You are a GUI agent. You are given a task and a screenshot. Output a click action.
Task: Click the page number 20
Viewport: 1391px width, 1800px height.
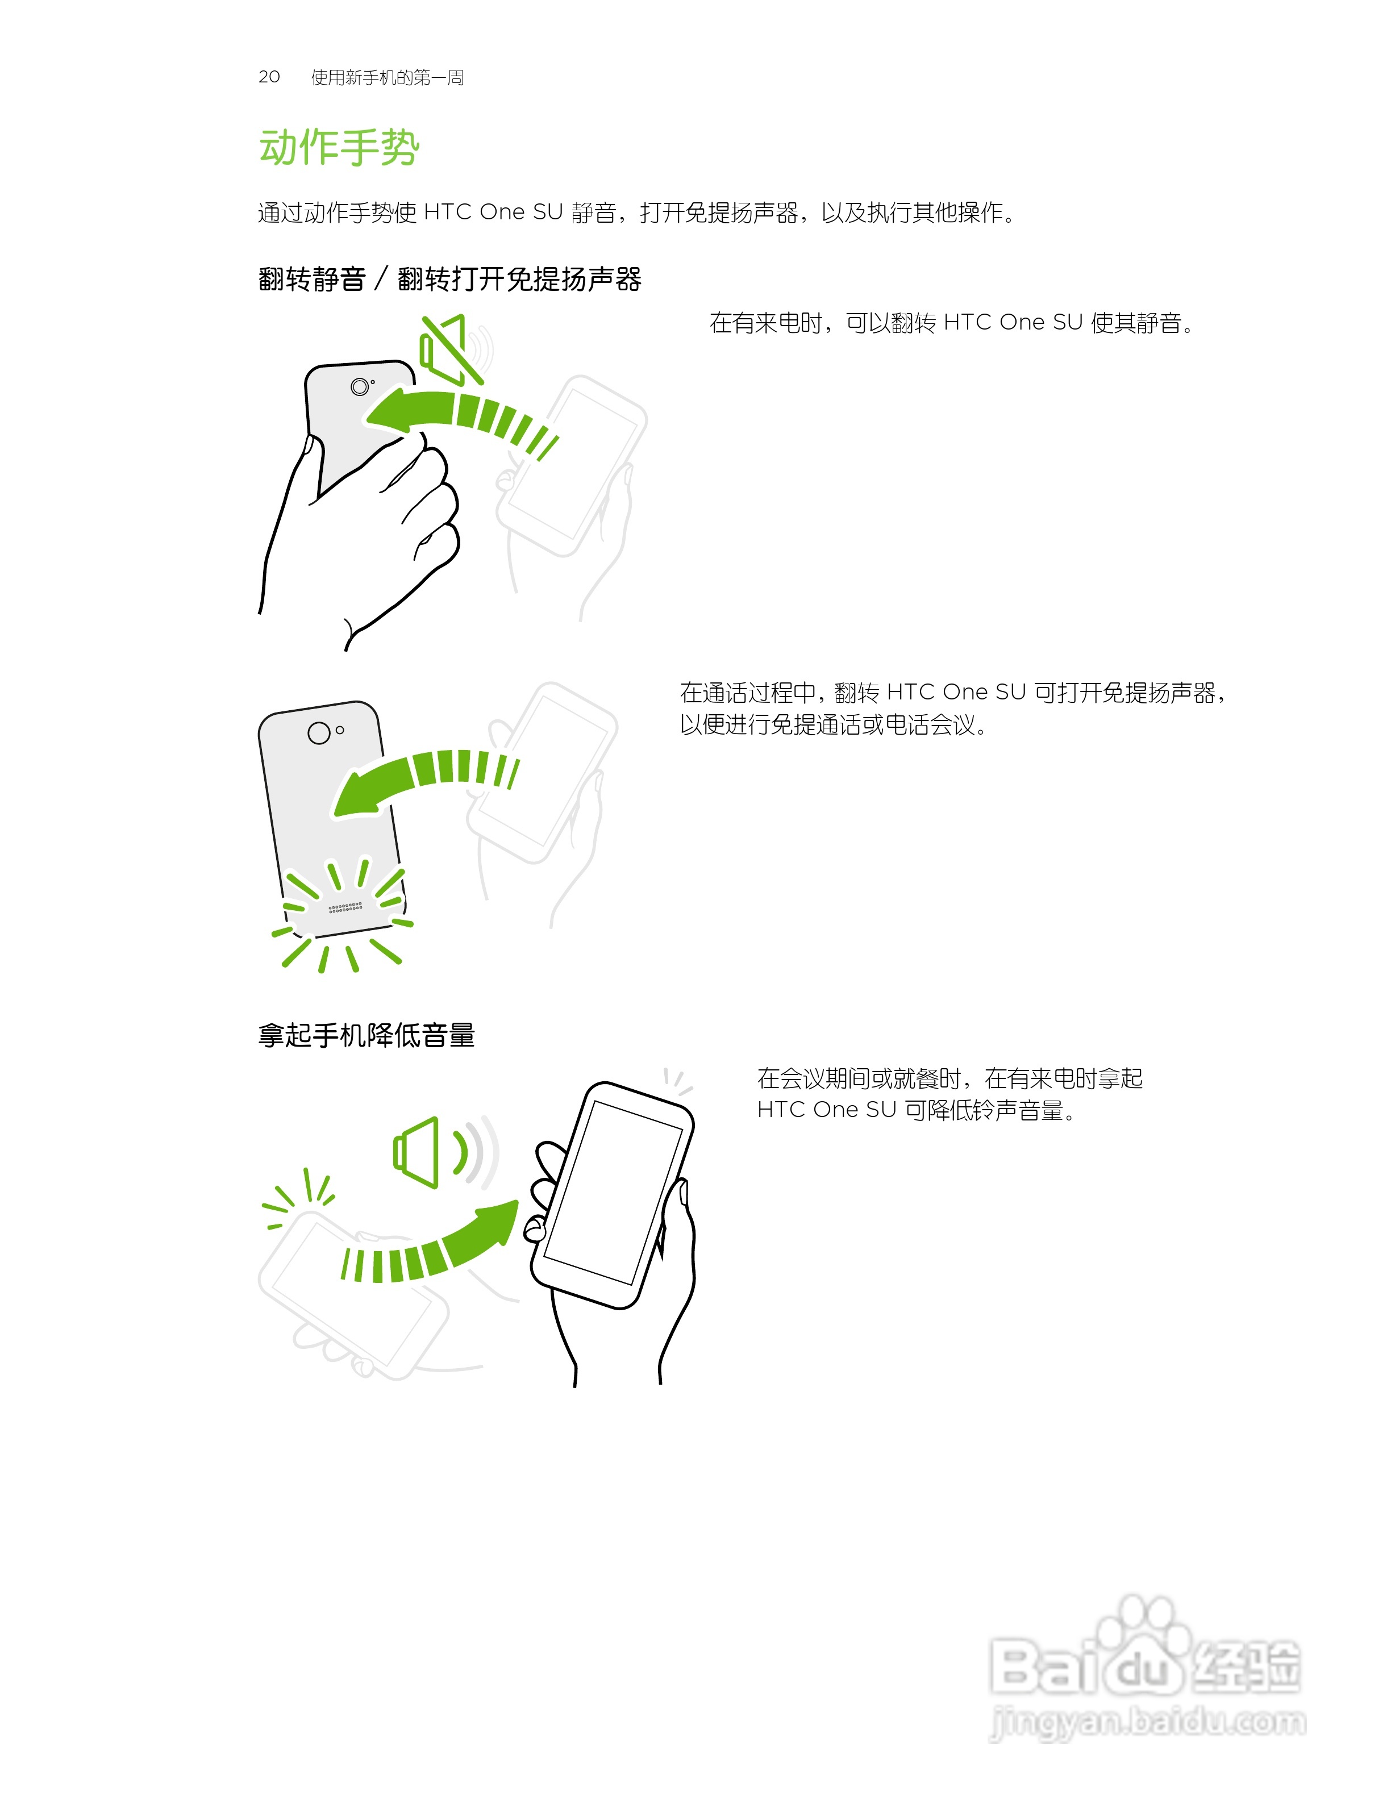tap(269, 77)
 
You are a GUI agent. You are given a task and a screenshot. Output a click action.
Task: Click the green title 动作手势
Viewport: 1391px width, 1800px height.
tap(339, 148)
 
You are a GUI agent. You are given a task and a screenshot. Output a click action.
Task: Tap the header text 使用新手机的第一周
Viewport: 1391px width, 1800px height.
tap(388, 77)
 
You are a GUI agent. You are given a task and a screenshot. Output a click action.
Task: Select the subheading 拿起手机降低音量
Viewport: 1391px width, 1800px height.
tap(366, 1035)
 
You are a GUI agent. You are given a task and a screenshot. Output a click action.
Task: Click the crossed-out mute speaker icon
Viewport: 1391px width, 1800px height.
tap(449, 350)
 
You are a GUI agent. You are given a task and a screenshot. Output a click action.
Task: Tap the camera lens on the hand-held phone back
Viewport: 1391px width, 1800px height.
tap(359, 386)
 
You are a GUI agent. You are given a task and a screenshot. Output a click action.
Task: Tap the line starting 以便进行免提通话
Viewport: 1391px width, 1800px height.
tap(832, 725)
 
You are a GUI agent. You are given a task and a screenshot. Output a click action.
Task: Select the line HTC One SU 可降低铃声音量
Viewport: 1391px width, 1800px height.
tap(915, 1110)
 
